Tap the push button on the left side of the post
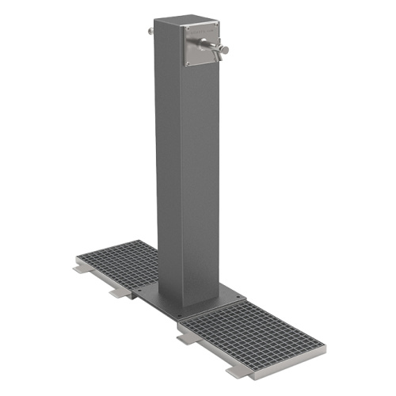150,31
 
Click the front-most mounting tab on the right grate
234,371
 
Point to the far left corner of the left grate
76,259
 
